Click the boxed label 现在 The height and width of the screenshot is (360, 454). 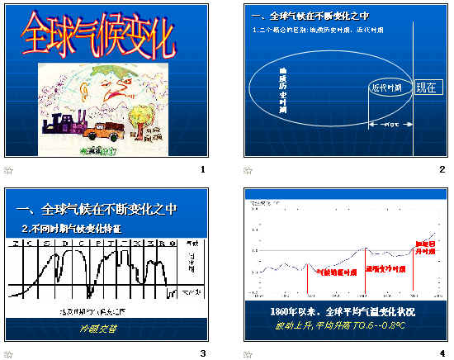click(x=425, y=88)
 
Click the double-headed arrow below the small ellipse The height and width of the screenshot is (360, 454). click(x=390, y=126)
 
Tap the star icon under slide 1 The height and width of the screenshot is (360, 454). click(x=9, y=170)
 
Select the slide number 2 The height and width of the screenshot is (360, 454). click(x=442, y=170)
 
